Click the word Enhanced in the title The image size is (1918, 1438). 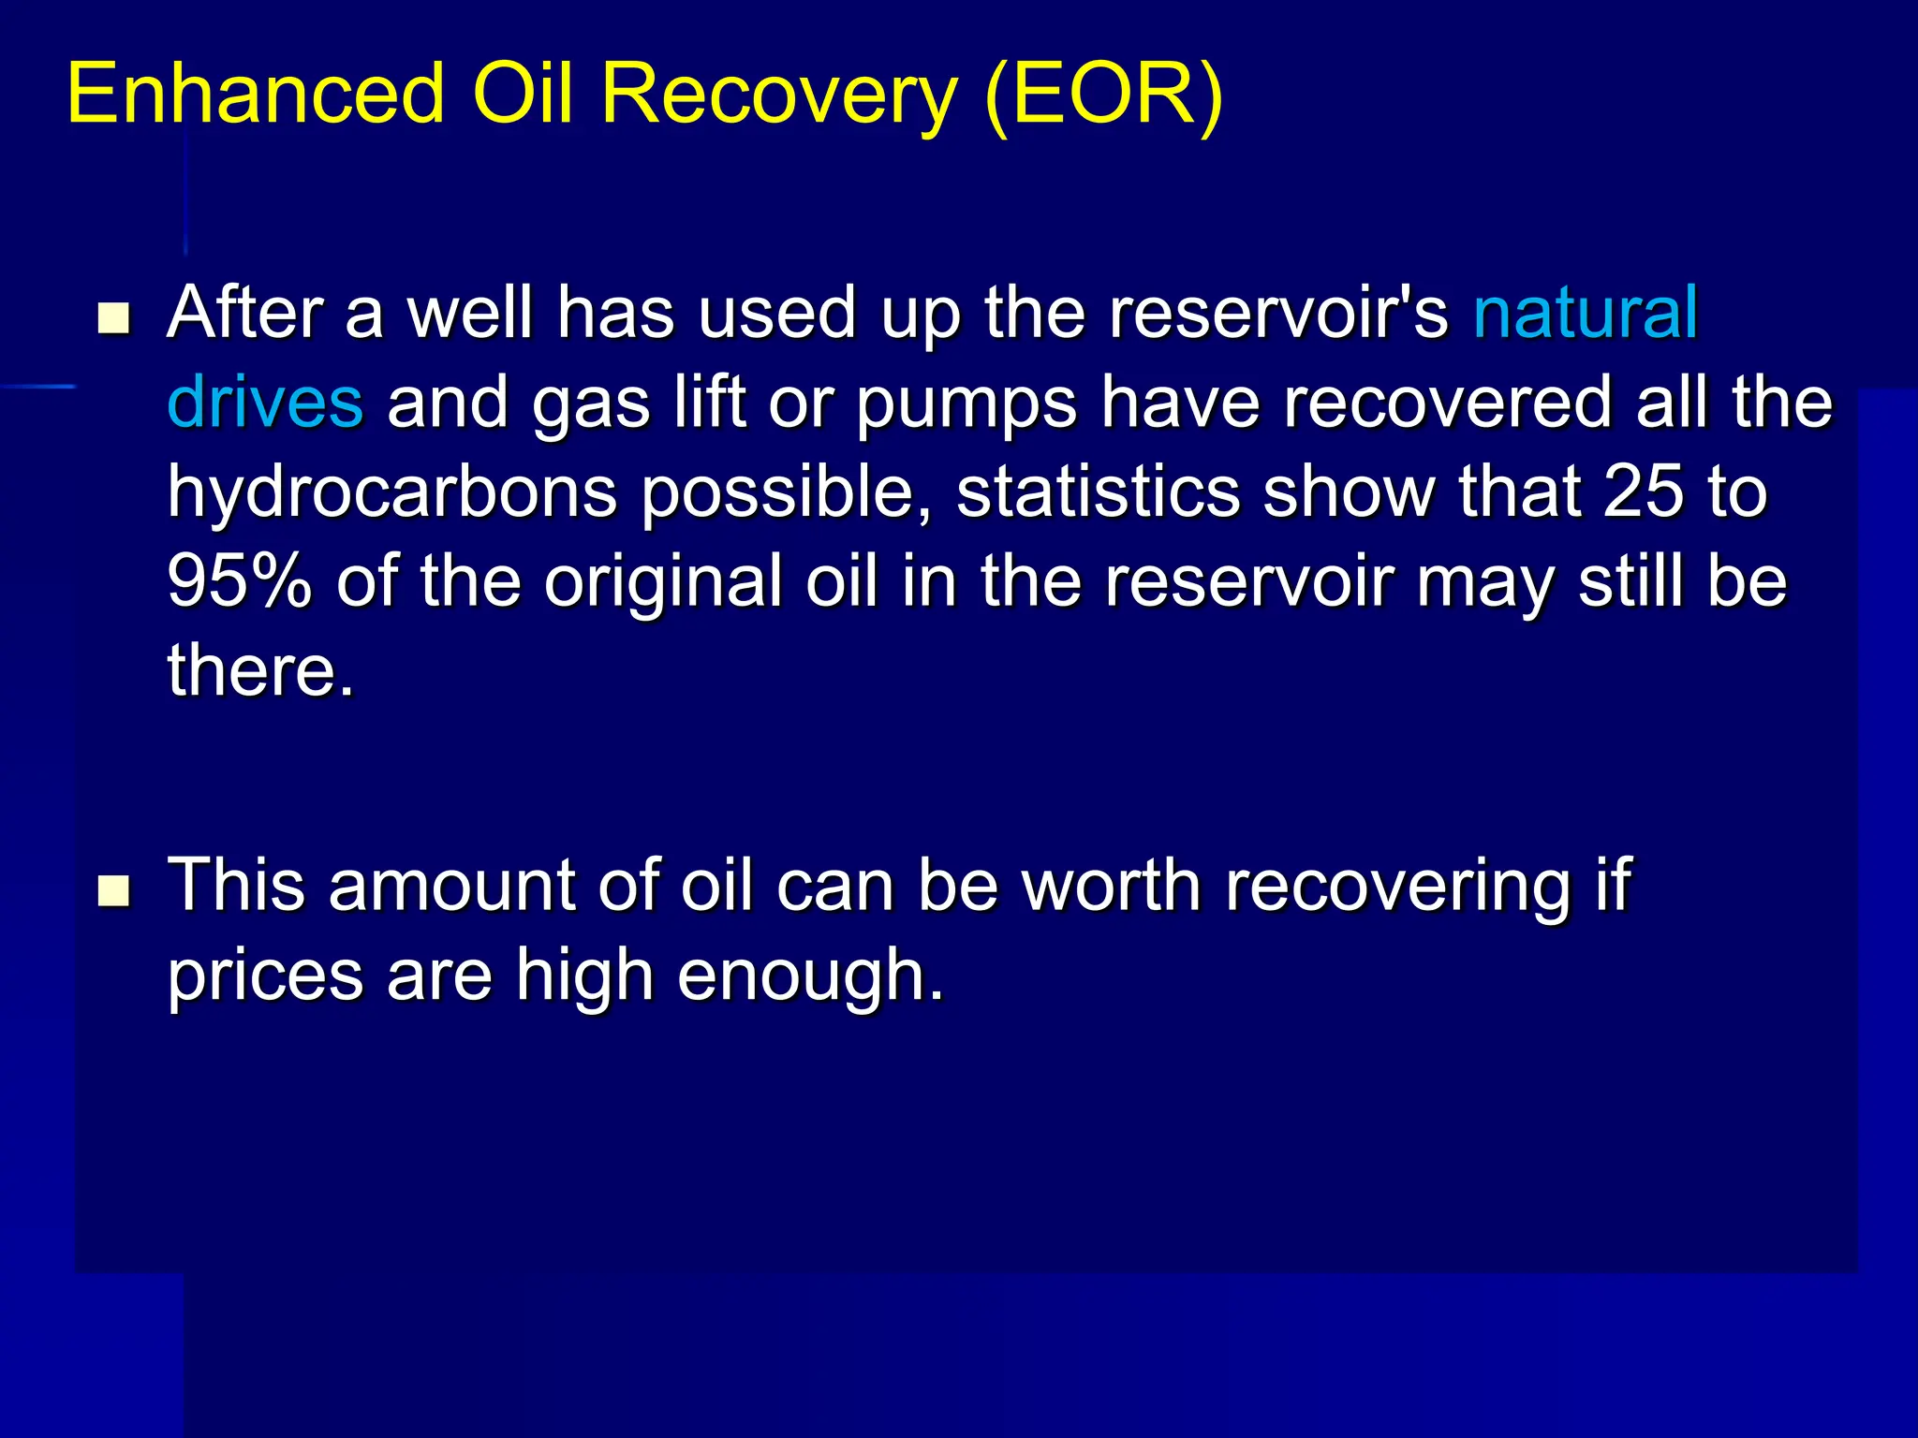click(x=255, y=94)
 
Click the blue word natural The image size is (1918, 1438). click(x=1585, y=312)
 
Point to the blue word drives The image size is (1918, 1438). click(x=265, y=403)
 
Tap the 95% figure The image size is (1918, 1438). click(x=240, y=580)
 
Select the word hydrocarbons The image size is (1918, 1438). click(x=392, y=493)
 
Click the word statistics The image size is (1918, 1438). click(x=1098, y=492)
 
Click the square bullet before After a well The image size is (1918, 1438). click(x=114, y=318)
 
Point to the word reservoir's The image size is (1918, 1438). click(x=1278, y=312)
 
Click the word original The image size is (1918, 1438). click(x=663, y=582)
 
